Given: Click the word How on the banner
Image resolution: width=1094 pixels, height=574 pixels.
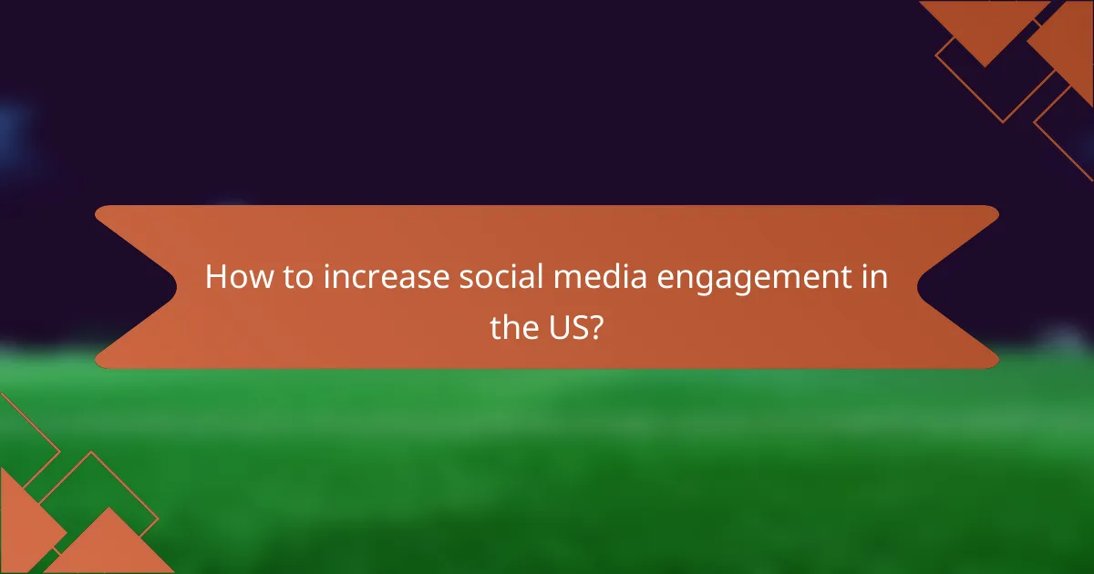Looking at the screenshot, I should (232, 278).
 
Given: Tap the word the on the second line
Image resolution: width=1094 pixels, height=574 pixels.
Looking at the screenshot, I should (514, 327).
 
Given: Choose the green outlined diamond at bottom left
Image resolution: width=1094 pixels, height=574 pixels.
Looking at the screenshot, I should (87, 497).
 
